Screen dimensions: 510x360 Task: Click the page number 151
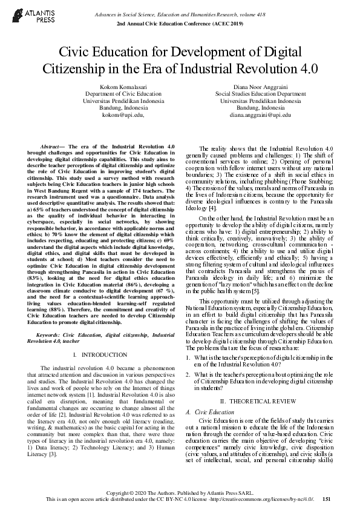pos(327,498)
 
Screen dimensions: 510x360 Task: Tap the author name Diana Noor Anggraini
pos(260,88)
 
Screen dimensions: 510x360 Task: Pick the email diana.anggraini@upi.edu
pos(260,114)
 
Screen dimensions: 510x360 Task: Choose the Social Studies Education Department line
pos(260,94)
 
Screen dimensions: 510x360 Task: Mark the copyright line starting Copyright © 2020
pos(179,491)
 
